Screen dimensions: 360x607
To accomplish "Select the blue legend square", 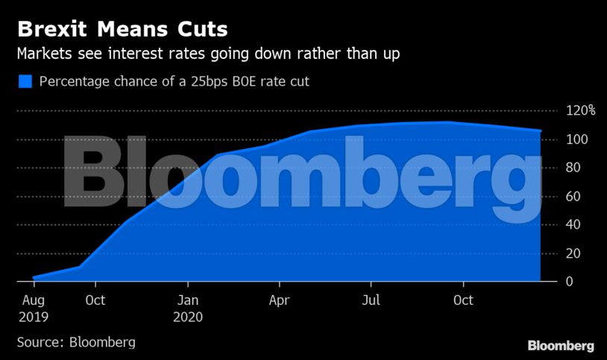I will pyautogui.click(x=25, y=81).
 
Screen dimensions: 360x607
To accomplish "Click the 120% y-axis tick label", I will pyautogui.click(x=580, y=111).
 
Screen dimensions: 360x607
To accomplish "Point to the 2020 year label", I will pyautogui.click(x=188, y=317).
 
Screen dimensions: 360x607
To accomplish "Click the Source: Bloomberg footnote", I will pyautogui.click(x=76, y=342).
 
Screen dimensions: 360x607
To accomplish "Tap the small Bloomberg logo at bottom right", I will pyautogui.click(x=561, y=346).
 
